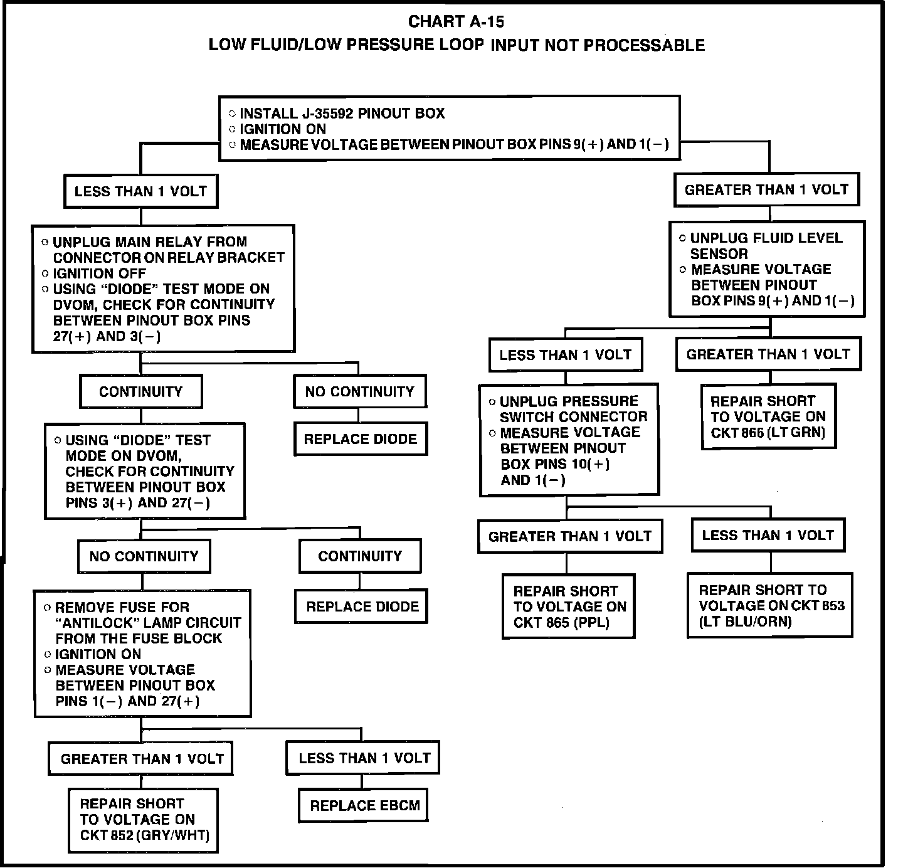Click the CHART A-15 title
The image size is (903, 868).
456,22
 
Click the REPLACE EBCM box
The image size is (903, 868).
364,806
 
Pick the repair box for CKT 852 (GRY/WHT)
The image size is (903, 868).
143,820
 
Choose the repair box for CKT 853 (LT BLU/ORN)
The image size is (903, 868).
770,605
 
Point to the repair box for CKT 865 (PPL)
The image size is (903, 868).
569,606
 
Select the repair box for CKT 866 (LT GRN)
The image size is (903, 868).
768,416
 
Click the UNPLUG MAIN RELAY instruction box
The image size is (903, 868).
164,288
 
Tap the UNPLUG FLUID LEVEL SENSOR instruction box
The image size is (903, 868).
767,269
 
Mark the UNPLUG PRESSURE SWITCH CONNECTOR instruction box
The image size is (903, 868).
569,440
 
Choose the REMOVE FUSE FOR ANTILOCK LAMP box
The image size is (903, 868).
143,654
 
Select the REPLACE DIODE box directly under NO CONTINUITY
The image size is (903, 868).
361,439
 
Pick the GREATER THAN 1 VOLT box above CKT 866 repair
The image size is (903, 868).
768,354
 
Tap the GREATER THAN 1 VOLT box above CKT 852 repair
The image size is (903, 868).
142,759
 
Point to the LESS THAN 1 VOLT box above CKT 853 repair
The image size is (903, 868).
768,535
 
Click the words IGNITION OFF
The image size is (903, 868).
100,273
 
